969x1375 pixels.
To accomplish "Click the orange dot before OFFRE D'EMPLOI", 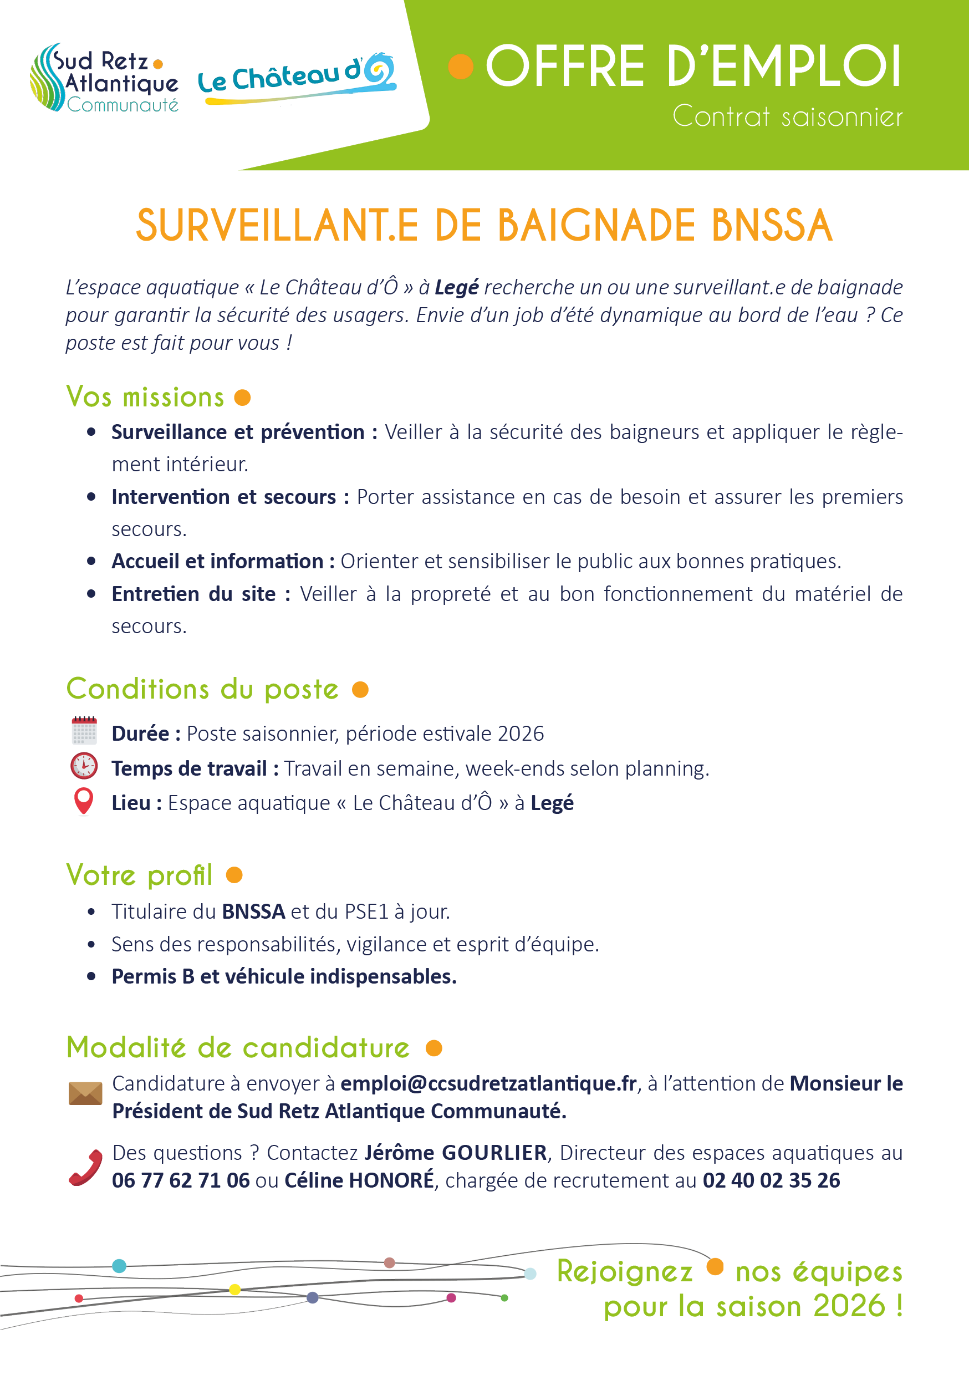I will pos(461,67).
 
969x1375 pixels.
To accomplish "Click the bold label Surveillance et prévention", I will pos(238,432).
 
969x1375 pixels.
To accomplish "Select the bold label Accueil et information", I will pos(217,562).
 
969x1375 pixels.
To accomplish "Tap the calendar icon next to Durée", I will pos(84,731).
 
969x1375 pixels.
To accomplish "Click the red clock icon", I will pos(84,766).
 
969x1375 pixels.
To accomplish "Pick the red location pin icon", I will pos(84,801).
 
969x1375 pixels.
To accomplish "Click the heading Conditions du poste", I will pos(202,689).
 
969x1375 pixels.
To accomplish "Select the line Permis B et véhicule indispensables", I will pos(284,977).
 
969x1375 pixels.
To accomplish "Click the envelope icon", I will pos(85,1093).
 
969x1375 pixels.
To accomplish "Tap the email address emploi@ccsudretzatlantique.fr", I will pos(488,1084).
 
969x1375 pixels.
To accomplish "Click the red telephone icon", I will pos(85,1168).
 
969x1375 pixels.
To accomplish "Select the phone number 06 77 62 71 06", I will pos(180,1181).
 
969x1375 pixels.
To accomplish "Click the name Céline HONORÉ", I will pos(359,1181).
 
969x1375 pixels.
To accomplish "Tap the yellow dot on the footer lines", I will pos(234,1290).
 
